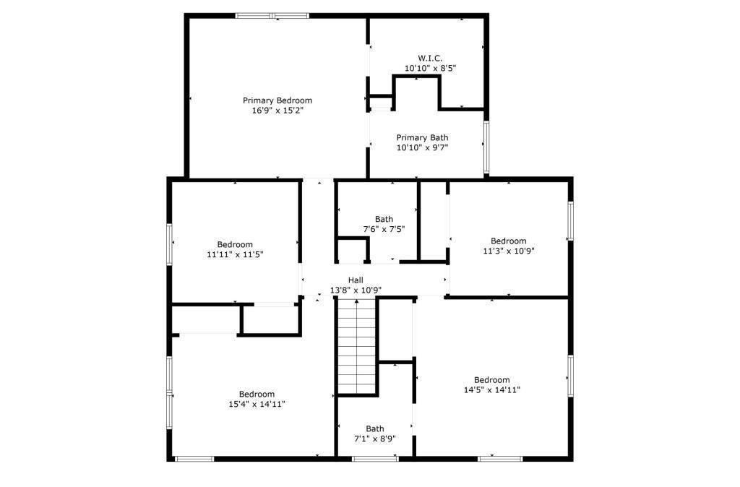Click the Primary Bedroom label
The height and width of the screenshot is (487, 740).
(277, 100)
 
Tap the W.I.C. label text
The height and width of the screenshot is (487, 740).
(430, 58)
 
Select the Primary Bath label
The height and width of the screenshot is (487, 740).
(422, 137)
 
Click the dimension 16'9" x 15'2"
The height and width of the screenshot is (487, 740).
(277, 111)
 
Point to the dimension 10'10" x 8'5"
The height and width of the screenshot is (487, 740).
(430, 68)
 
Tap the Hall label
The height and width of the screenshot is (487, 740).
(356, 280)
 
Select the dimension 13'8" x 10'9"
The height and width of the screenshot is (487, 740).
(356, 290)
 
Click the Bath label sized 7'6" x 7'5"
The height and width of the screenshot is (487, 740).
(384, 219)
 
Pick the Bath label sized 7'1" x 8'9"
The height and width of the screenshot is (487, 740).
(374, 428)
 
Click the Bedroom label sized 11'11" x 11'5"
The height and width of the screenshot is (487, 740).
(235, 244)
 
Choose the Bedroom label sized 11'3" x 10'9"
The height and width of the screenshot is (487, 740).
(509, 241)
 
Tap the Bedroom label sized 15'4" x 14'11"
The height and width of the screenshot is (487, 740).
(257, 394)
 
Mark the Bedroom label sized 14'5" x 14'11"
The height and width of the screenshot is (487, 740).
(491, 380)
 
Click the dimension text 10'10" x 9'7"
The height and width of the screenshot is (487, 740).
(422, 147)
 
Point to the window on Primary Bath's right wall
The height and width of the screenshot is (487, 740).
(486, 147)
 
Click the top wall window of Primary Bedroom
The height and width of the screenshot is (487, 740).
(272, 15)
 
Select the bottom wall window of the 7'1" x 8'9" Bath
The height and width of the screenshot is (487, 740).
(375, 458)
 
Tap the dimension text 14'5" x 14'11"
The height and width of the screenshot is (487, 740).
(491, 390)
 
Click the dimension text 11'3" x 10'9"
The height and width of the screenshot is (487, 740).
(509, 251)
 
